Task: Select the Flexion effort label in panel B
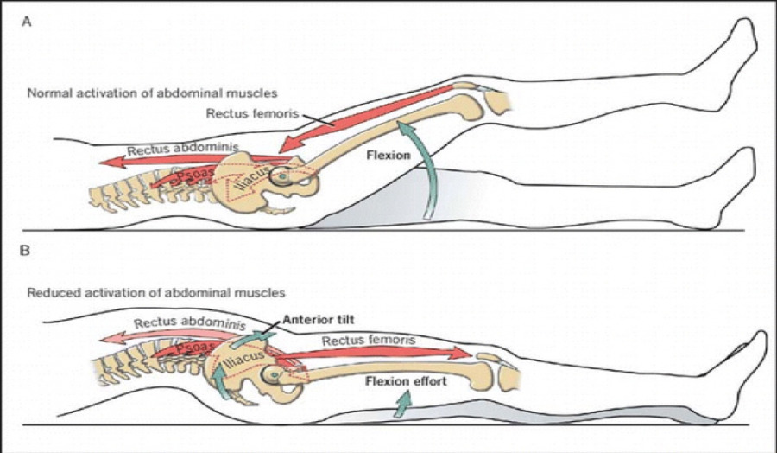(406, 381)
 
